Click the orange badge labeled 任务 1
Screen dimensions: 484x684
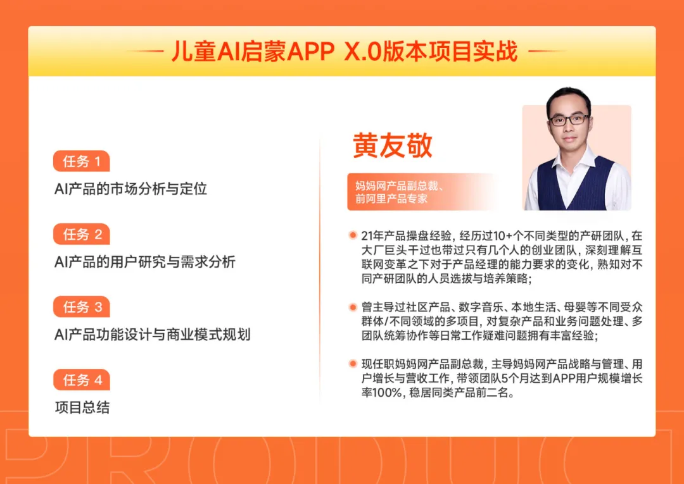pos(81,161)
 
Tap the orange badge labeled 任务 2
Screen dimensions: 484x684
pos(81,234)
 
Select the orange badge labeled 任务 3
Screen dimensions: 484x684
pos(81,307)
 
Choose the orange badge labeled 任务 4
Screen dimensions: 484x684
pos(81,380)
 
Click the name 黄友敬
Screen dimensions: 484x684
pos(393,145)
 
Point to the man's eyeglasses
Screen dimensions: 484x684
pos(569,119)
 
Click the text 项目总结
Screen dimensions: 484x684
pos(82,407)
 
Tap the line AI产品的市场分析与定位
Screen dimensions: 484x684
pos(131,189)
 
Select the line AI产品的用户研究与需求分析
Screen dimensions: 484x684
pos(145,261)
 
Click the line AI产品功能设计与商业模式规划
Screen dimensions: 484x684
pos(153,334)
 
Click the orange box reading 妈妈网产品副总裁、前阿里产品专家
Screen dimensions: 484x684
pos(405,192)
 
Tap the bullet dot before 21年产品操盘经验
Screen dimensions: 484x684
pos(353,235)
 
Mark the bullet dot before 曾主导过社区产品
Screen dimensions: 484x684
pos(353,307)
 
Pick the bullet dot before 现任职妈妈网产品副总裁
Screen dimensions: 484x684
pos(353,364)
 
